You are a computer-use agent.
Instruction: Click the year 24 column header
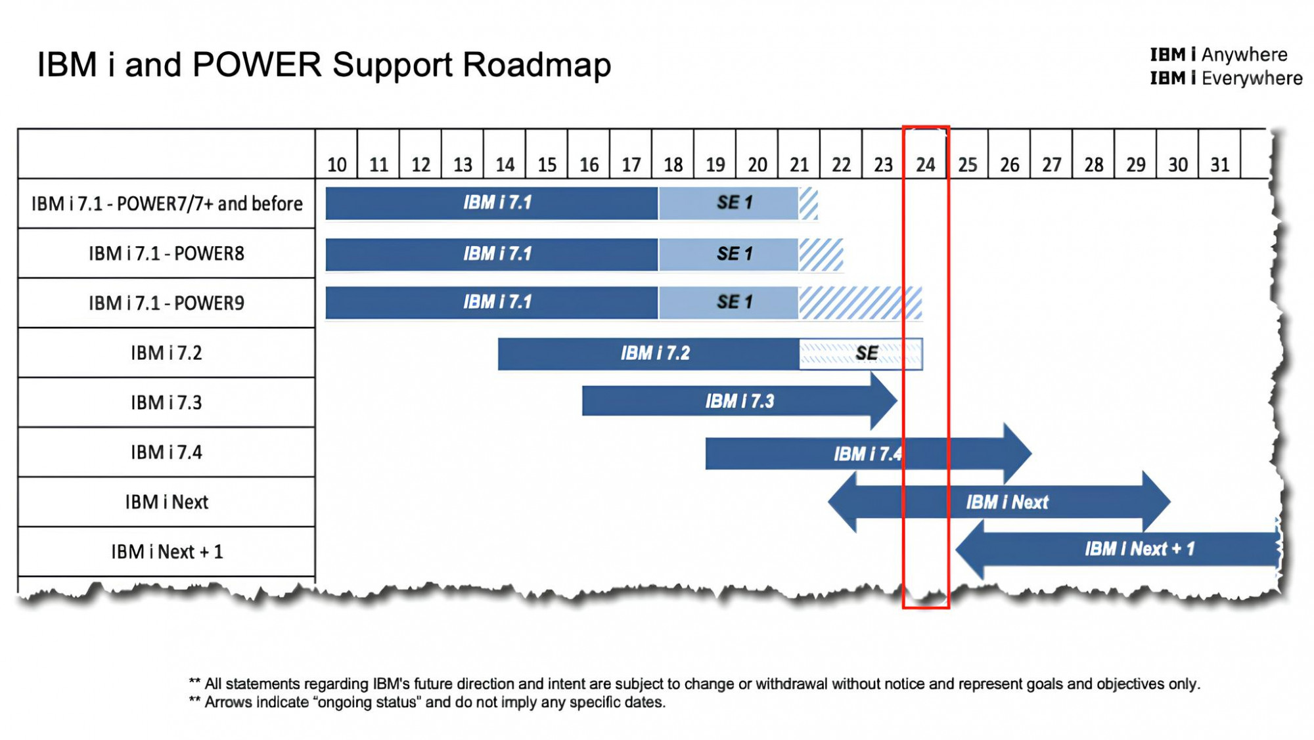click(925, 164)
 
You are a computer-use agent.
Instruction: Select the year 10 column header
click(336, 164)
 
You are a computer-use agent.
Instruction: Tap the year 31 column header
click(1219, 164)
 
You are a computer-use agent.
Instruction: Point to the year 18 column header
click(673, 164)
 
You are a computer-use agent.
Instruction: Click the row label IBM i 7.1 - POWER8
click(166, 253)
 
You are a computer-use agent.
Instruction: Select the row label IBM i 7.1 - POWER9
click(166, 303)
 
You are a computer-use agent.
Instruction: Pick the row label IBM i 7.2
click(166, 353)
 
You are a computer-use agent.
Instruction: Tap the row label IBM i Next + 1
click(167, 552)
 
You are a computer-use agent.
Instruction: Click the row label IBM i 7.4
click(166, 452)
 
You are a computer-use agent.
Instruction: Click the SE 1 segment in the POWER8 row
click(728, 254)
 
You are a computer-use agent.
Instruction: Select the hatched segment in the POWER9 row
click(860, 303)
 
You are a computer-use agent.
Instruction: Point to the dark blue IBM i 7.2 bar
click(648, 354)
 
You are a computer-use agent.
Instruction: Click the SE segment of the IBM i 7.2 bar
click(861, 354)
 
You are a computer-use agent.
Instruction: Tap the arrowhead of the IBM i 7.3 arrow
click(884, 401)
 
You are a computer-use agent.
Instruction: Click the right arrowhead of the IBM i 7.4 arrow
click(1018, 453)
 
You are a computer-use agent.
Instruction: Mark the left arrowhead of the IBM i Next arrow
click(842, 502)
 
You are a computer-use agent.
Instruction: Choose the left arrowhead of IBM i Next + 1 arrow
click(969, 550)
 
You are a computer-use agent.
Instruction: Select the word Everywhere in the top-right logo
click(1252, 78)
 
